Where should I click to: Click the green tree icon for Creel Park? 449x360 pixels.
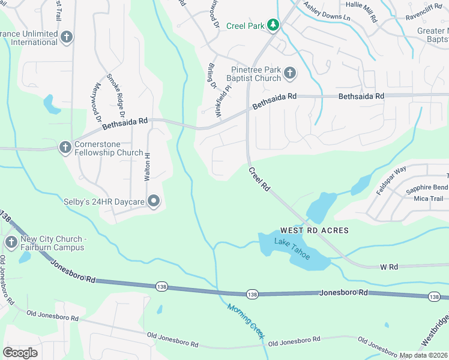coord(273,25)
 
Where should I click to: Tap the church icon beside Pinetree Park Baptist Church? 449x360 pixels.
coord(289,73)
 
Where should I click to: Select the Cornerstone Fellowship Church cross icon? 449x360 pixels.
coord(65,148)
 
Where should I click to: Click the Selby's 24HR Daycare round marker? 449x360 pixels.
coord(154,202)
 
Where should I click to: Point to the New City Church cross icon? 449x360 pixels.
coord(11,242)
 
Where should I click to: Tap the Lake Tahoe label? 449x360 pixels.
coord(292,248)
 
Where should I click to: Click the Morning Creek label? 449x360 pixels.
coord(245,322)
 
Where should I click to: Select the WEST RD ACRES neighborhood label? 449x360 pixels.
coord(314,230)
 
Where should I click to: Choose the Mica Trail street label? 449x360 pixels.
coord(428,199)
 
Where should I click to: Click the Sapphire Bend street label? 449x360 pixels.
coord(426,188)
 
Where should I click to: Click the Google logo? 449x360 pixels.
coord(20,352)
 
